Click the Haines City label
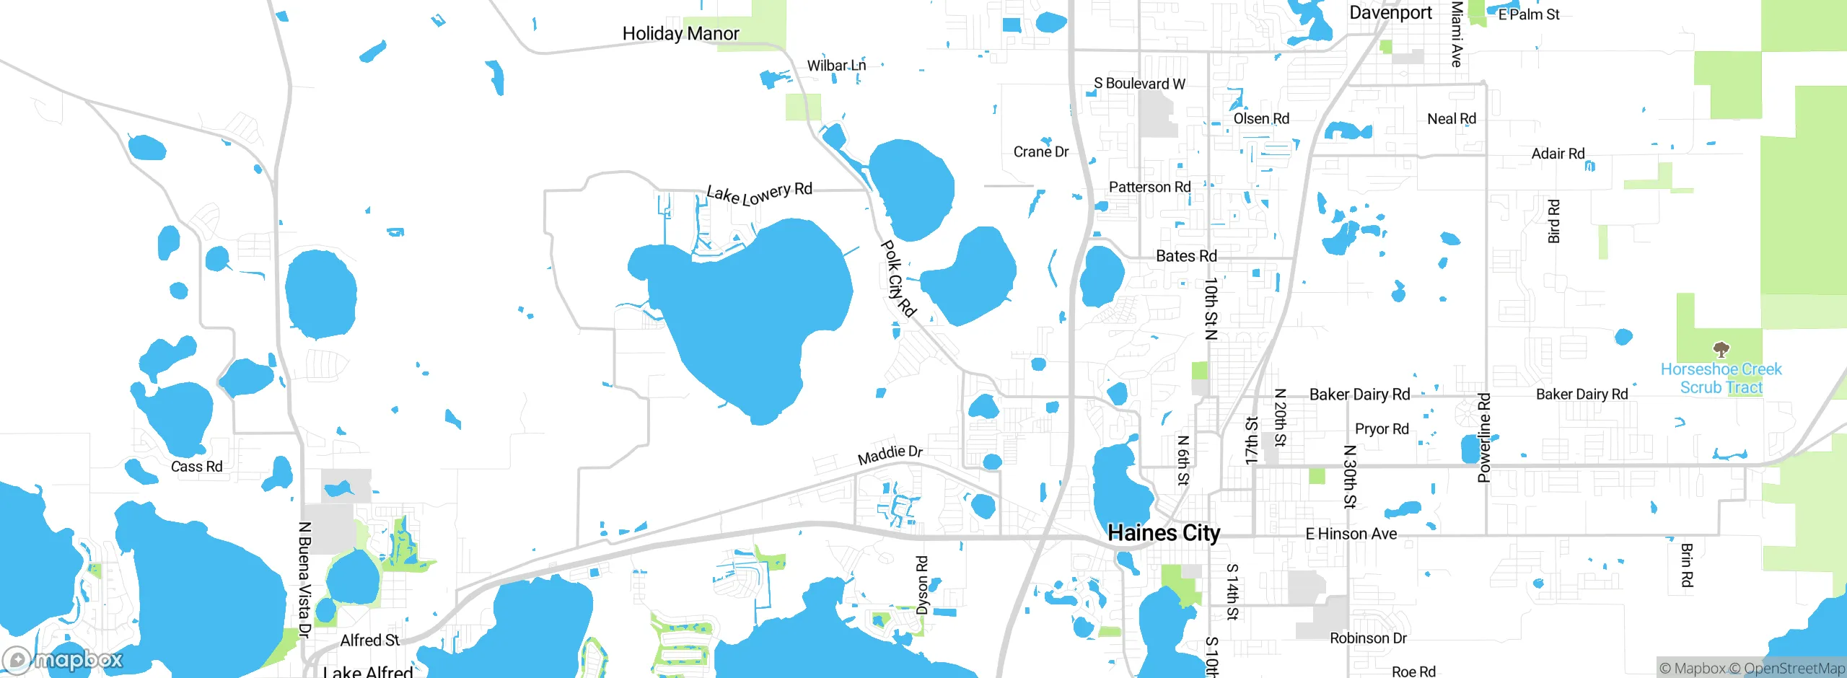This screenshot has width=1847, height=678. [1163, 533]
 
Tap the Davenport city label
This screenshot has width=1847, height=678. [1390, 13]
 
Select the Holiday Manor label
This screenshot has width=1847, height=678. [680, 34]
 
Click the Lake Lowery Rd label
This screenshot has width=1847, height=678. [759, 193]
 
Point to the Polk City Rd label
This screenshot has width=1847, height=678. [898, 278]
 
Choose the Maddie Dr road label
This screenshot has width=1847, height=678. [890, 455]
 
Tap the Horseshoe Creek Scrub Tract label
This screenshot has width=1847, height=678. [1721, 379]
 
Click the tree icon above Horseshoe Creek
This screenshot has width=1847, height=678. [1721, 351]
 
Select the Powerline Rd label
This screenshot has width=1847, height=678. [1484, 437]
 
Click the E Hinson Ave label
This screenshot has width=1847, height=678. [1351, 534]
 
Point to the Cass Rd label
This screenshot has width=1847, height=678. [196, 467]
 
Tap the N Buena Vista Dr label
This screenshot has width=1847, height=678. [304, 579]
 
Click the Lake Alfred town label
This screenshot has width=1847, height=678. [368, 671]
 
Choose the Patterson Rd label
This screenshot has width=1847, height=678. [1149, 188]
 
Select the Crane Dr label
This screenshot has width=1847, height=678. [1040, 152]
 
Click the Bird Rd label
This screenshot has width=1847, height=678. [1554, 221]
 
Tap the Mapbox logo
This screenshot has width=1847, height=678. [63, 659]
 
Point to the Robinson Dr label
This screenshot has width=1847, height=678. [1368, 638]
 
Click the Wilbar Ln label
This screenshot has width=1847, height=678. [836, 66]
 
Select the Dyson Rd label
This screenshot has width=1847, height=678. [922, 585]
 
